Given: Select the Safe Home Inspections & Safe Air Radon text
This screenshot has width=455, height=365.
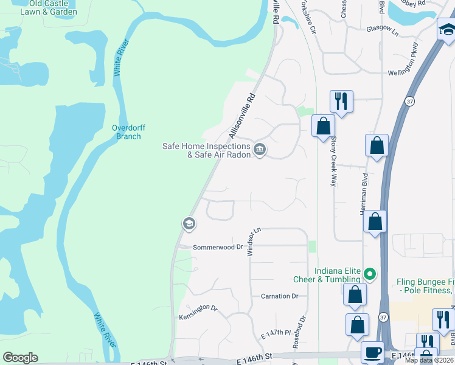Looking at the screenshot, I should pos(206,150).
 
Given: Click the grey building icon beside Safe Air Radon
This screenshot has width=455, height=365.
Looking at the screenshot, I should pos(260,149).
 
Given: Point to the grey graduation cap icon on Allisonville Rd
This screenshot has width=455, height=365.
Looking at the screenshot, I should pos(189,224).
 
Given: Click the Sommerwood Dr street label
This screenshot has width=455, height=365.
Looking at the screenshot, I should pos(218,248).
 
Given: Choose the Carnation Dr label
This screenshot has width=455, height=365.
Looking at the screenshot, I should pos(279,296).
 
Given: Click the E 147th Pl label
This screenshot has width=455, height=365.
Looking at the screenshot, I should pos(277,333).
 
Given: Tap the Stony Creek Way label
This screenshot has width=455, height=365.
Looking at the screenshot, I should pos(333,161).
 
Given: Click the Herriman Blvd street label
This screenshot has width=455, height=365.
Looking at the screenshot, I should pos(363,194).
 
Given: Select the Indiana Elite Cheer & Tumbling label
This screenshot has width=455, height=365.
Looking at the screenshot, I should pos(338,275).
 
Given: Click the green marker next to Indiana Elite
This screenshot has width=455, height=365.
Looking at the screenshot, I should pos(369,275).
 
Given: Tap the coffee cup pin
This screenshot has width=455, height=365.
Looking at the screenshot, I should pos(372,352).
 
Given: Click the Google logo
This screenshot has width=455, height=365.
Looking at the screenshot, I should pos(20,358).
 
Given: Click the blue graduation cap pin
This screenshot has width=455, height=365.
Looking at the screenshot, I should pos(446,32).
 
